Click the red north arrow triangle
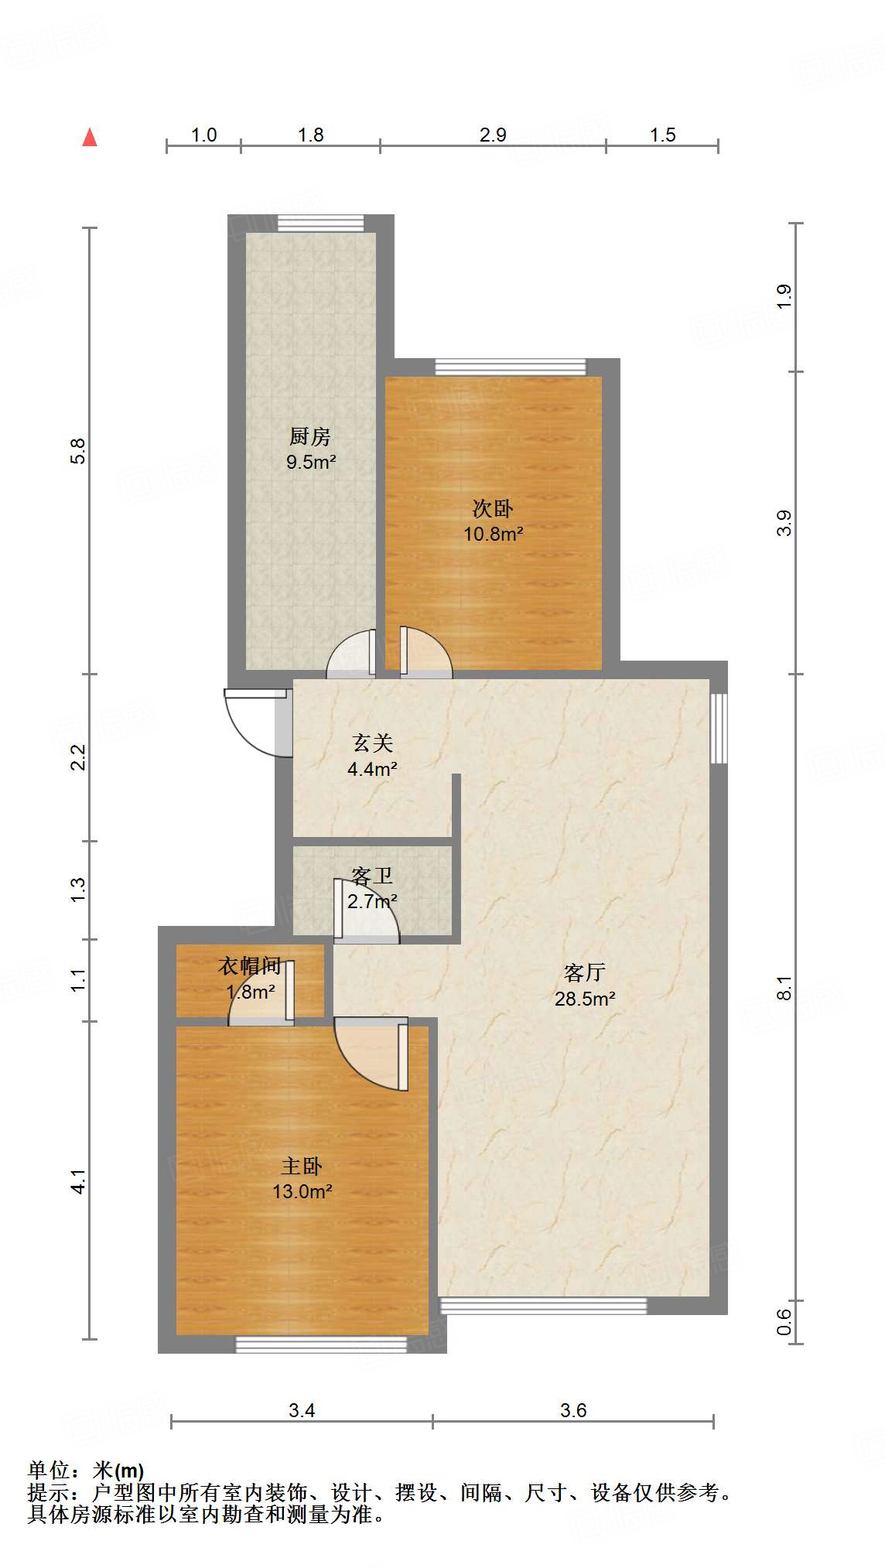point(90,137)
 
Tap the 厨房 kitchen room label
point(310,437)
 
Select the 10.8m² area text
point(494,534)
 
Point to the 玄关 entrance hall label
point(373,743)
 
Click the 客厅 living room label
point(585,972)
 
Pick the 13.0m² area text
point(302,1191)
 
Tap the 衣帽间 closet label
point(250,965)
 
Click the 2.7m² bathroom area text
point(372,901)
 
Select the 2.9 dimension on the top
point(493,135)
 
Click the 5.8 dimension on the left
point(78,451)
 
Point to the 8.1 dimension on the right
point(784,988)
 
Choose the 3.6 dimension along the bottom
point(573,1410)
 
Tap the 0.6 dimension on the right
point(784,1321)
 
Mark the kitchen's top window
point(320,223)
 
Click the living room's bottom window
point(543,1306)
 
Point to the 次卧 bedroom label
point(493,509)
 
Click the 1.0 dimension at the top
point(203,135)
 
